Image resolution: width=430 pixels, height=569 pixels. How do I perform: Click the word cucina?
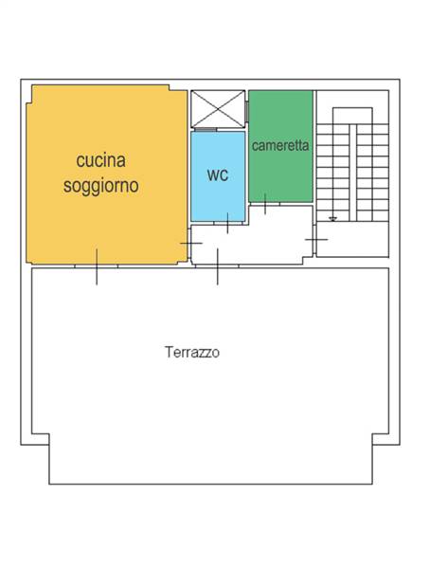point(101,160)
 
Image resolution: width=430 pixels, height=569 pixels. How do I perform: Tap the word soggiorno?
point(101,186)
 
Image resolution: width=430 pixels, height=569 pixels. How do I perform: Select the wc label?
point(218,175)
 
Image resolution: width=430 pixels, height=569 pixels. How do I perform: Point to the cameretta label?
point(279,146)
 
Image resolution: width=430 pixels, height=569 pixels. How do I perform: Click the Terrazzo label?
point(192,352)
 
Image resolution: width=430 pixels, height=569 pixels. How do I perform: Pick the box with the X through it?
point(218,109)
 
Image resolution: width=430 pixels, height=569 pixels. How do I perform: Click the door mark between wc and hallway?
point(228,224)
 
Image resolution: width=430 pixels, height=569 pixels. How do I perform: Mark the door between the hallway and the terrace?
point(218,266)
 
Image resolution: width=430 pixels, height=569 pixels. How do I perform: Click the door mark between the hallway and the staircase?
point(315,239)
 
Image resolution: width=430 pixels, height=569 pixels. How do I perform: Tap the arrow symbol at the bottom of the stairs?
point(332,218)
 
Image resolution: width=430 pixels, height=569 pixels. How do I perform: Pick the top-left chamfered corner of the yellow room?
point(33,88)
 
